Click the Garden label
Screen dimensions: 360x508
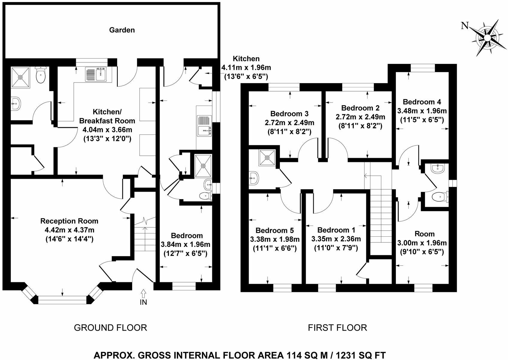[122, 30]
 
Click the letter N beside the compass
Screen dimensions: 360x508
[465, 26]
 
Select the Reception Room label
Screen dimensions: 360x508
[69, 221]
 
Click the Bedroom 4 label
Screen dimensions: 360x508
[422, 102]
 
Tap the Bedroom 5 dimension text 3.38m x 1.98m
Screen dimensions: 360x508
[275, 239]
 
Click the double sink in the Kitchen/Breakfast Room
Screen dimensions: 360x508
[98, 74]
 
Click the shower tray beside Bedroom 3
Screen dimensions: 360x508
[267, 157]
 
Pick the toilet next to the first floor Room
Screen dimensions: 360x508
[440, 197]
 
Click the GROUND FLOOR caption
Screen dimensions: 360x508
[110, 328]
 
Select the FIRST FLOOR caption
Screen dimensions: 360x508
[337, 328]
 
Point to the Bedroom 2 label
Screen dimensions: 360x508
[360, 108]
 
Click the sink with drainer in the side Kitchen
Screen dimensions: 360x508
[204, 125]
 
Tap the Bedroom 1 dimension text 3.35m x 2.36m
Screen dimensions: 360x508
[336, 239]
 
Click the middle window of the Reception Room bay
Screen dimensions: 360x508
[62, 299]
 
